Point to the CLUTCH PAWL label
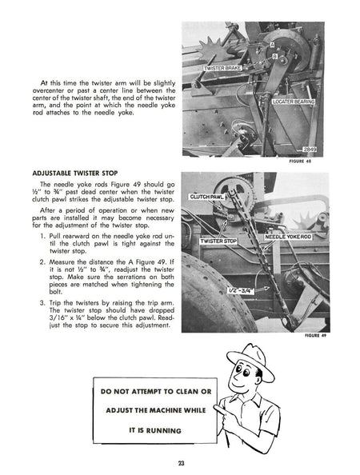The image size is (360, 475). tap(208, 196)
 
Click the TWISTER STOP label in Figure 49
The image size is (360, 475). tap(218, 240)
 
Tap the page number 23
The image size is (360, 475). tap(181, 461)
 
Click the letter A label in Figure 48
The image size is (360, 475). tap(272, 46)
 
